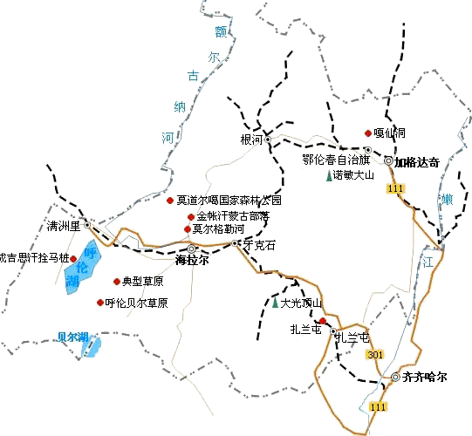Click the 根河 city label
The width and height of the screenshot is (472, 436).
pyautogui.click(x=250, y=139)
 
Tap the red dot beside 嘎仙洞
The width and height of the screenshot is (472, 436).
pyautogui.click(x=367, y=133)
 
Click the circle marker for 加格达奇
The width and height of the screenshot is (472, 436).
pyautogui.click(x=388, y=161)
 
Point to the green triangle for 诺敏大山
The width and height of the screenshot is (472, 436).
pyautogui.click(x=328, y=175)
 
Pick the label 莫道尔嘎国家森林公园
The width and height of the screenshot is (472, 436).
pyautogui.click(x=229, y=201)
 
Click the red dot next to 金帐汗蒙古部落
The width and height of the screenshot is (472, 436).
pyautogui.click(x=191, y=216)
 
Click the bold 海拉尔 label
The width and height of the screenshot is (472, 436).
pyautogui.click(x=193, y=260)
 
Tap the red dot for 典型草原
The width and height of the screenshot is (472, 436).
pyautogui.click(x=116, y=282)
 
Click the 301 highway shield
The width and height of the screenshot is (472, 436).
pyautogui.click(x=375, y=354)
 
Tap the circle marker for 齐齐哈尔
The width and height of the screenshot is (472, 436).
pyautogui.click(x=395, y=377)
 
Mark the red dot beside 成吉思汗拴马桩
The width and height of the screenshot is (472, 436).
pyautogui.click(x=72, y=258)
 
